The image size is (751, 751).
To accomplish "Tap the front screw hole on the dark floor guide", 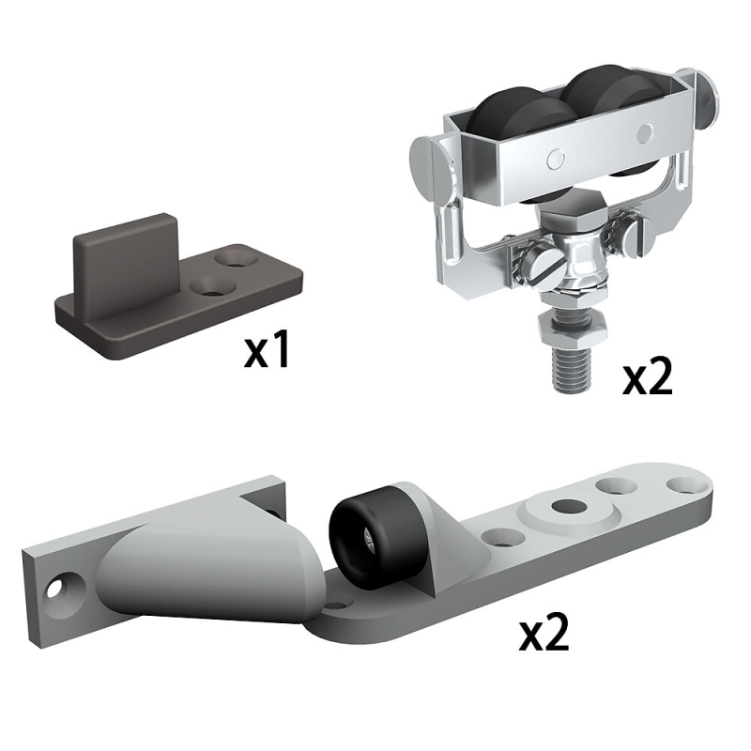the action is click(213, 286).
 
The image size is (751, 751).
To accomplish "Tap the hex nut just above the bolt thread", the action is click(574, 330).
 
